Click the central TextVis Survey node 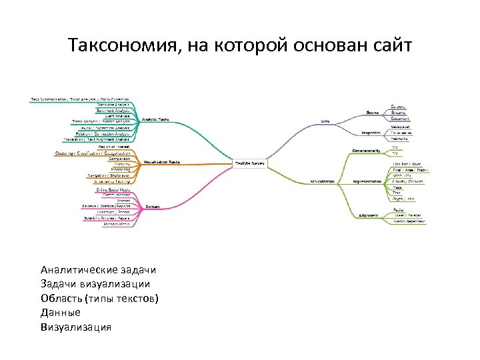pyautogui.click(x=251, y=162)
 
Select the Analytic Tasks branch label pyautogui.click(x=156, y=120)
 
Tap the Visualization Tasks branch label pyautogui.click(x=162, y=162)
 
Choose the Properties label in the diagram pyautogui.click(x=371, y=133)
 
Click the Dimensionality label pyautogui.click(x=366, y=151)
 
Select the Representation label pyautogui.click(x=367, y=181)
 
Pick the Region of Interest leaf pyautogui.click(x=114, y=147)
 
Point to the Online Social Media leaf pyautogui.click(x=114, y=190)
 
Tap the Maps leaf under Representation pyautogui.click(x=397, y=187)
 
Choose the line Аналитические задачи pyautogui.click(x=98, y=270)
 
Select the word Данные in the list pyautogui.click(x=61, y=312)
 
